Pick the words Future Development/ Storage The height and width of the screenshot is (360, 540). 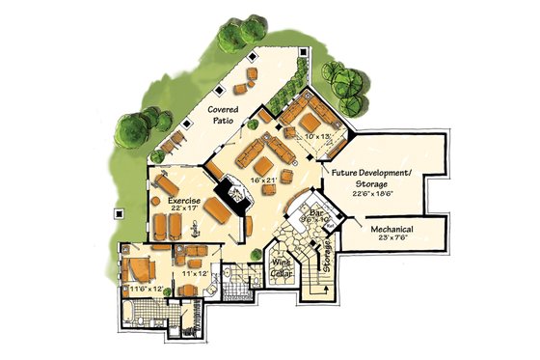(371, 178)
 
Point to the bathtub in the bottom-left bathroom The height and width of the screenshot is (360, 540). (132, 311)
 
